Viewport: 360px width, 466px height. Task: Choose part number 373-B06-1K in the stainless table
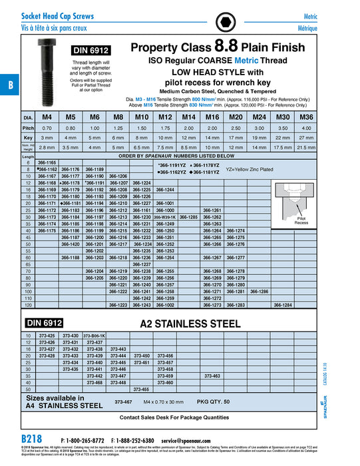point(94,336)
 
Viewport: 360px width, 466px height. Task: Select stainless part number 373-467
point(123,402)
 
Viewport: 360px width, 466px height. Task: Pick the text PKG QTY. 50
point(213,402)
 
